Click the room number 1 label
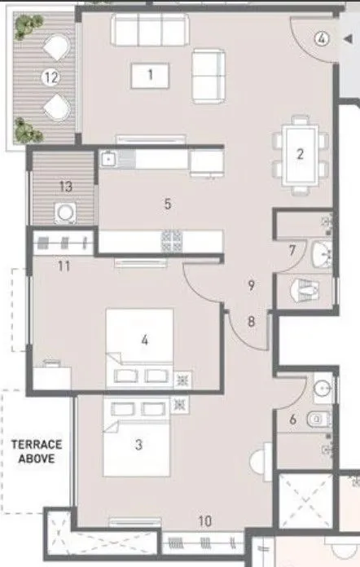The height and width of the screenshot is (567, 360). coord(151,76)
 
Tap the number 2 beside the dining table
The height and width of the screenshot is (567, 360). coord(300,153)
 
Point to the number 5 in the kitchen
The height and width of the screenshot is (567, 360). coord(168,204)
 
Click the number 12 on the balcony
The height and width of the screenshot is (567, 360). coord(52,78)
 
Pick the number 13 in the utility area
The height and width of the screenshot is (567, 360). coord(65,187)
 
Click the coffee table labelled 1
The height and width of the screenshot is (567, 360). coord(151,77)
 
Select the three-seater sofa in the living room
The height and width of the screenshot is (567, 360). coord(147,32)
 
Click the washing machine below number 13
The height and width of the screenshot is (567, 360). coord(65,213)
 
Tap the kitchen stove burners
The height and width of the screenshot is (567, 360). coord(173,240)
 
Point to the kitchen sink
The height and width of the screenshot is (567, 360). coord(109,160)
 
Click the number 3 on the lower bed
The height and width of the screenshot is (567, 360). coord(138,445)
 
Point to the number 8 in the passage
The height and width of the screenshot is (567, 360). coord(251,321)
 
